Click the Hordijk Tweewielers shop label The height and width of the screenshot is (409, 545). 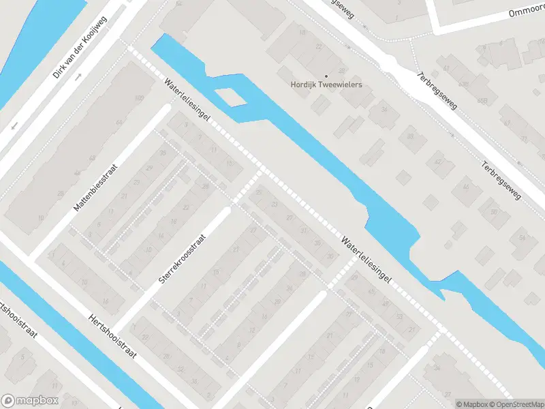326,85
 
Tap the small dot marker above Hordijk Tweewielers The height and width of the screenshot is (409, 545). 326,76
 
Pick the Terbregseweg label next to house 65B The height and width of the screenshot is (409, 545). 440,93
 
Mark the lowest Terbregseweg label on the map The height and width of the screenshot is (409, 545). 501,181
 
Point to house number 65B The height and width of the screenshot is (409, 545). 482,100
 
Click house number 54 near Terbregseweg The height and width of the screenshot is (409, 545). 521,237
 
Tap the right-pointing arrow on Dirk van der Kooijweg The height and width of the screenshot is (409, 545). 78,75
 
